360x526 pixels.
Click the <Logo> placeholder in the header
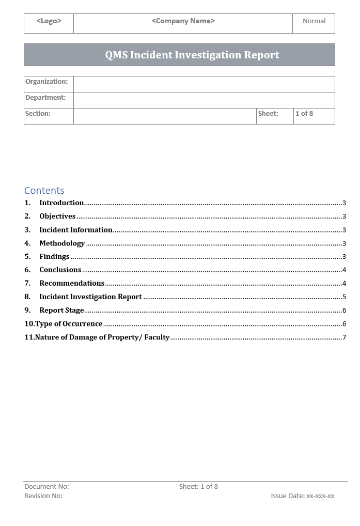click(x=49, y=21)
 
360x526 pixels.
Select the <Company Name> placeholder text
click(x=183, y=21)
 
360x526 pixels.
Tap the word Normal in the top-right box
click(x=314, y=21)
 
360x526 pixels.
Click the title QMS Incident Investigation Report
click(x=192, y=55)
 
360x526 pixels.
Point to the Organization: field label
click(x=46, y=82)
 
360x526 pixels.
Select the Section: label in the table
click(x=38, y=114)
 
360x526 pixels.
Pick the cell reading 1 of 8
click(x=304, y=114)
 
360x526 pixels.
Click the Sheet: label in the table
click(x=268, y=114)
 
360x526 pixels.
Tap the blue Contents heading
click(x=44, y=191)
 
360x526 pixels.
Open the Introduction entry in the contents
click(x=61, y=203)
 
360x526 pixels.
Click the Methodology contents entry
click(x=62, y=243)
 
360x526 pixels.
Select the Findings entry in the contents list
click(x=54, y=257)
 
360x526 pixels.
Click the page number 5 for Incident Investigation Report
click(x=344, y=297)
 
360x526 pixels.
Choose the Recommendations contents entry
click(x=72, y=283)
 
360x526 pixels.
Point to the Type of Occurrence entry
click(x=69, y=324)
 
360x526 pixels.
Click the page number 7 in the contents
click(x=344, y=337)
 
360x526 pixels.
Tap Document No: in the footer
click(x=46, y=487)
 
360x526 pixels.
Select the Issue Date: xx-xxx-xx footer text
click(x=302, y=496)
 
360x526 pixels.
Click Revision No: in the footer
click(x=43, y=496)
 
